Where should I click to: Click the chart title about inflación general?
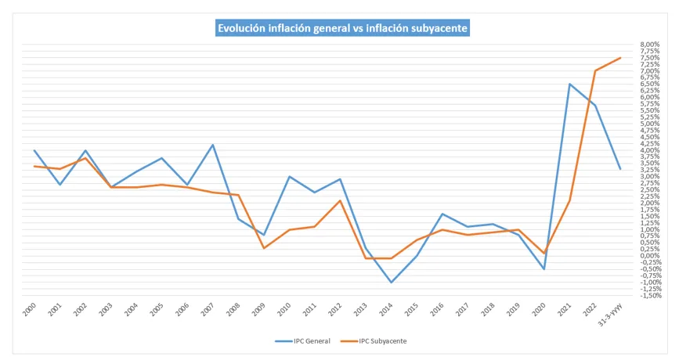342,27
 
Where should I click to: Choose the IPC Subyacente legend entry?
382,341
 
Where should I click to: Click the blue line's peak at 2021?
570,84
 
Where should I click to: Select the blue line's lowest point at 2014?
392,282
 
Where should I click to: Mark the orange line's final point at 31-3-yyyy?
621,58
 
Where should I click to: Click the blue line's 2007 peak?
213,145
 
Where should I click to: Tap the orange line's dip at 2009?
264,248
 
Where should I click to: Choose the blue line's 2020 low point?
545,269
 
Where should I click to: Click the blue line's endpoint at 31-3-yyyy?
621,169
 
